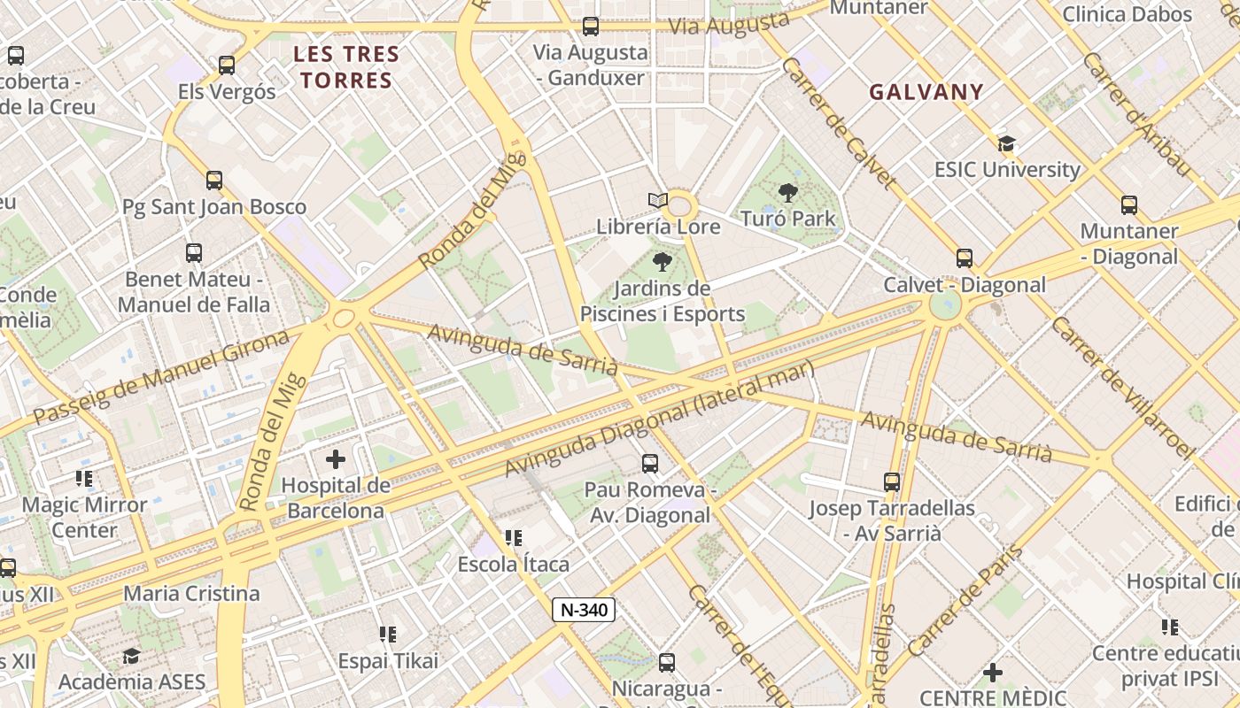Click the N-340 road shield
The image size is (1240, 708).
click(584, 609)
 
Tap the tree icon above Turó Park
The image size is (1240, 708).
click(787, 192)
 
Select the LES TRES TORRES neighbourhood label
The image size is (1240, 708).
click(346, 67)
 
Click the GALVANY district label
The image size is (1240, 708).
click(926, 92)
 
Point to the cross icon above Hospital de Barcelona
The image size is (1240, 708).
click(336, 459)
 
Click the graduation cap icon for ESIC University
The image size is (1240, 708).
click(1006, 143)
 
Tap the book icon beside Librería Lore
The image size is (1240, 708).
click(656, 201)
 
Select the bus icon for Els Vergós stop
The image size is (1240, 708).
click(227, 65)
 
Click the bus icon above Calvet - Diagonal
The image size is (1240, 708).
click(965, 258)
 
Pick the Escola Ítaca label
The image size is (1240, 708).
click(514, 564)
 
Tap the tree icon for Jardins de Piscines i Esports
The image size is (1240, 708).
click(662, 262)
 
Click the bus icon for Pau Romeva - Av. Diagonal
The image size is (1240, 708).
click(650, 463)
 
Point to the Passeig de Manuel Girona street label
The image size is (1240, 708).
click(161, 376)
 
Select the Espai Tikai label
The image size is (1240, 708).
click(388, 661)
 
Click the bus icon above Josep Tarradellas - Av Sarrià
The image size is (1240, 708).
click(892, 482)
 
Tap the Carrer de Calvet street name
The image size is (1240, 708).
click(839, 124)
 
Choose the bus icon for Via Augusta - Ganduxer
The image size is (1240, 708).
click(591, 27)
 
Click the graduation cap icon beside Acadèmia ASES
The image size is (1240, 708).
click(131, 656)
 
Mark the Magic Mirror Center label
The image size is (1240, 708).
click(84, 518)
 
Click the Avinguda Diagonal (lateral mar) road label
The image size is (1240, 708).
click(659, 419)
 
